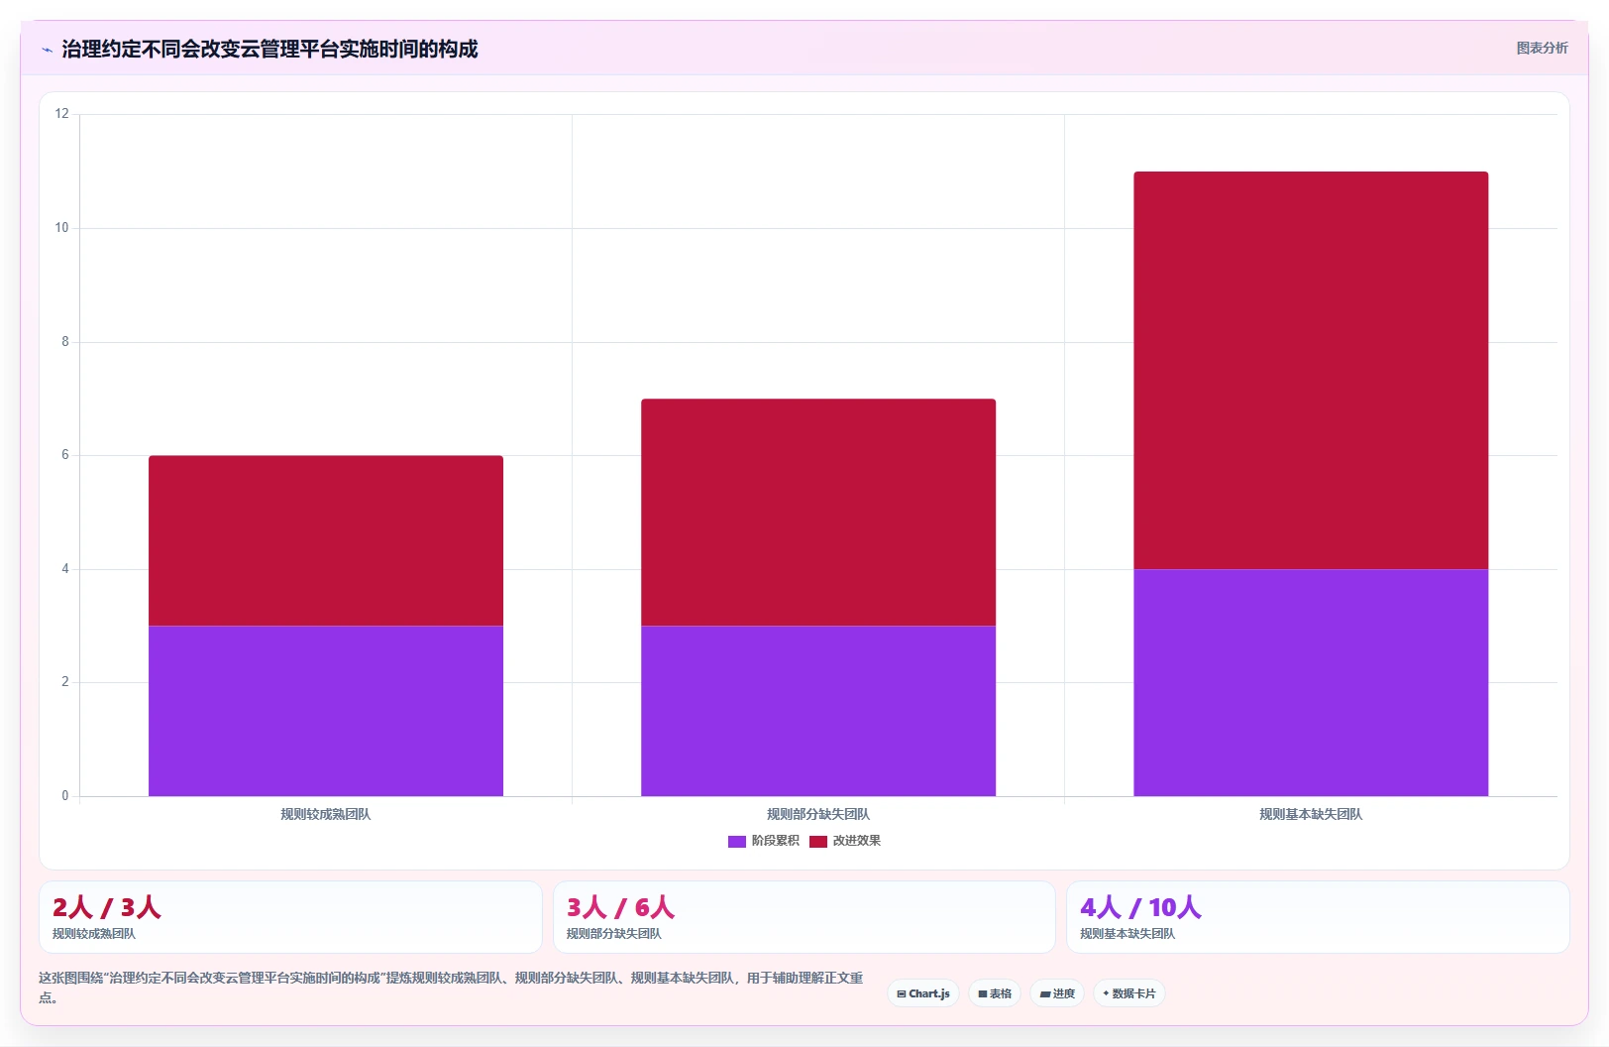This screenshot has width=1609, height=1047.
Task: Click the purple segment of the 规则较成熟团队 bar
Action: pos(325,711)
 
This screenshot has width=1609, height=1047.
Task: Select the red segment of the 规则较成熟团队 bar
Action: pos(325,540)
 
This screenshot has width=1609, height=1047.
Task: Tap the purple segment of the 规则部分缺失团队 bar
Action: pos(818,711)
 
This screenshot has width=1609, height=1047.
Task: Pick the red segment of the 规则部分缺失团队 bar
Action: pos(818,513)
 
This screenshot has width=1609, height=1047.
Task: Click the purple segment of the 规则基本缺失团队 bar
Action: pos(1311,683)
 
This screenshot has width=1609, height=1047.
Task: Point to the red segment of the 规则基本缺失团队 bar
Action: pos(1311,370)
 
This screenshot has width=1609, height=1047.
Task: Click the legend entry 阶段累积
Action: pos(764,841)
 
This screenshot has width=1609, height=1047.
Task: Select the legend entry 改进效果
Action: pos(845,841)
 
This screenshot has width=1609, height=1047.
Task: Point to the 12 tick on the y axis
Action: pos(61,114)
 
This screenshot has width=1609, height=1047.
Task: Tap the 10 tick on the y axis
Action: pos(61,228)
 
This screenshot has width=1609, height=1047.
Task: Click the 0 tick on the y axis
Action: pos(65,795)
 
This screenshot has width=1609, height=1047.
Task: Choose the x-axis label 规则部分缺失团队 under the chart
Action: pos(818,814)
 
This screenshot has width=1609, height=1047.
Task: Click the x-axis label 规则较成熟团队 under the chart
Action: pos(325,814)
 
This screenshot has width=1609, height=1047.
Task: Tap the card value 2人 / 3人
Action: pos(106,907)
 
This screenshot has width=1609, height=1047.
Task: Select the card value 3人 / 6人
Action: pos(620,907)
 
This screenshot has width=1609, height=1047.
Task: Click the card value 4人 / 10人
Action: pos(1140,907)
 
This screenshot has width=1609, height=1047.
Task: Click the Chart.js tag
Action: pos(923,993)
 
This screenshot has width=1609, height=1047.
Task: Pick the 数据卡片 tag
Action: pos(1129,993)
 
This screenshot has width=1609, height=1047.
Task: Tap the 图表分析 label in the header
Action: pos(1542,49)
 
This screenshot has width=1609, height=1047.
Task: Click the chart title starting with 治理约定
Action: pos(269,49)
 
